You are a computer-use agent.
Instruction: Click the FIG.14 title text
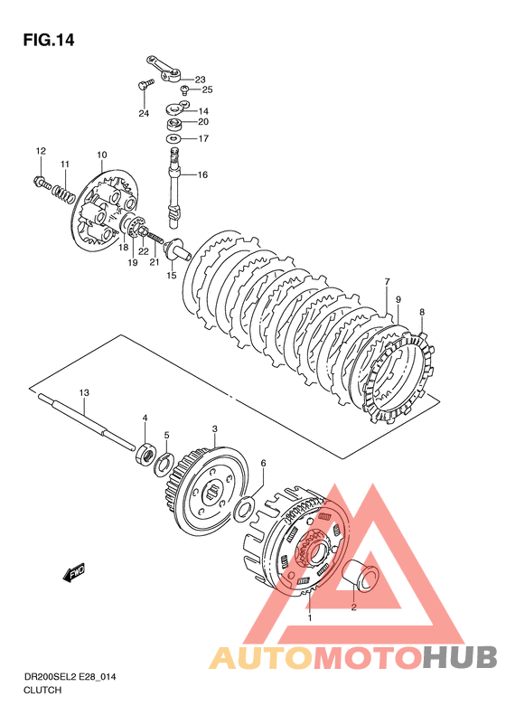(x=49, y=40)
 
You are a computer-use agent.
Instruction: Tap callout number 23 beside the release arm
(x=200, y=80)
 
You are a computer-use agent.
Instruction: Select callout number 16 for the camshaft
(x=202, y=174)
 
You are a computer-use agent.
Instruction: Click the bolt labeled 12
(x=42, y=183)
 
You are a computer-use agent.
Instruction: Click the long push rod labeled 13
(x=88, y=423)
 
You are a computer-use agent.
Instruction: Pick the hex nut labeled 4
(x=145, y=455)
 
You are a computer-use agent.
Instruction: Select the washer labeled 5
(x=163, y=465)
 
